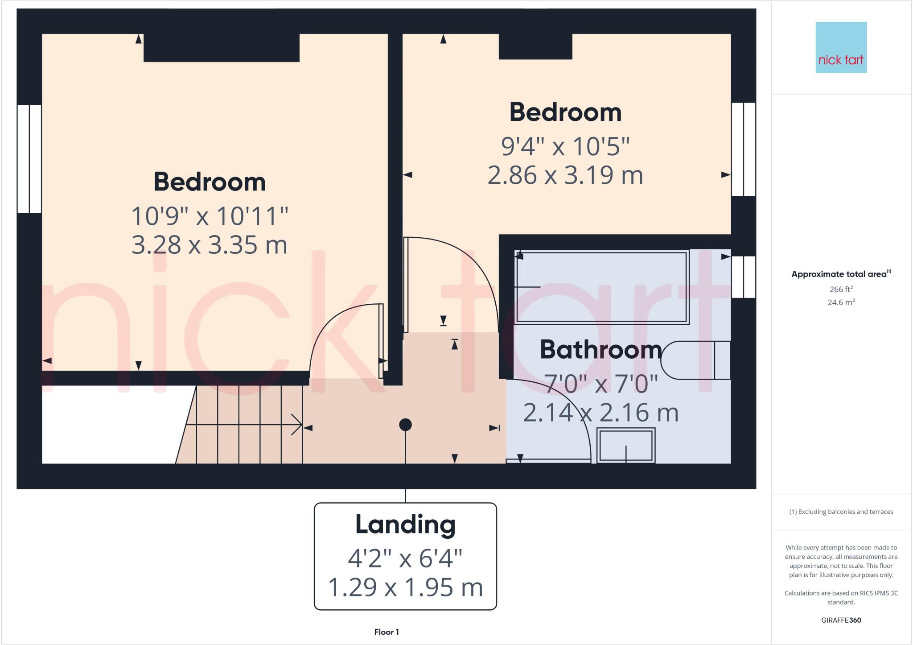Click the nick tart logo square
click(x=841, y=47)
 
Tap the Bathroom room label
click(x=600, y=350)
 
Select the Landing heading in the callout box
click(x=405, y=525)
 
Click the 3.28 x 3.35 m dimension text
click(x=209, y=245)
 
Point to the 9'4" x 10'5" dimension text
click(x=565, y=146)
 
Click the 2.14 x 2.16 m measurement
click(x=600, y=413)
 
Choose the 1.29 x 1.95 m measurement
click(x=405, y=587)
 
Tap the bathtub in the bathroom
click(x=601, y=287)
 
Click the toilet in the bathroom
click(x=695, y=360)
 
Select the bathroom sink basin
click(x=625, y=445)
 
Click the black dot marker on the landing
click(x=405, y=425)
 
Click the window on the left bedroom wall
click(x=29, y=159)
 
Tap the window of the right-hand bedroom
click(x=743, y=149)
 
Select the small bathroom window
click(x=743, y=277)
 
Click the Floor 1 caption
click(x=387, y=632)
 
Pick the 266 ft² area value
click(x=841, y=289)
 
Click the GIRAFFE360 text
click(x=841, y=620)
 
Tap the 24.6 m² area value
click(x=841, y=302)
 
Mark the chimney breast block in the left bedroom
click(x=221, y=48)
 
